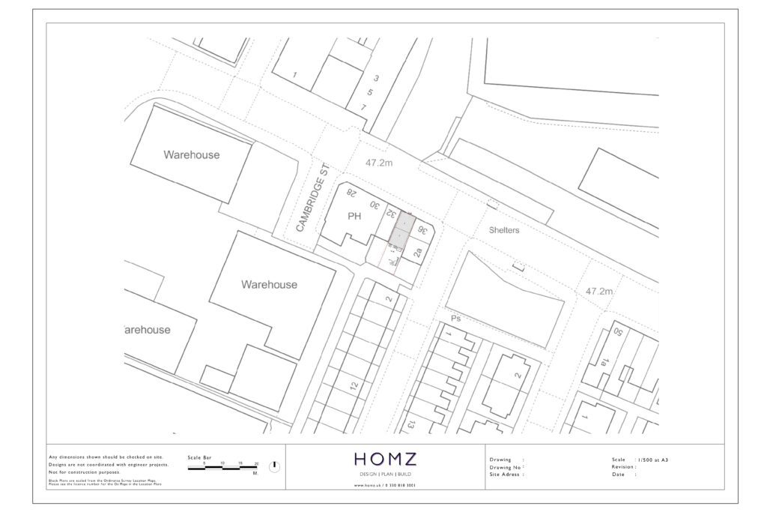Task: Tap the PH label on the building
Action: [355, 217]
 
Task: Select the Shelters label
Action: [503, 230]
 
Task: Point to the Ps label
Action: [454, 319]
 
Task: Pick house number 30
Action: [374, 204]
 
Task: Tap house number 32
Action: [390, 214]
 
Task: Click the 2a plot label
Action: [418, 253]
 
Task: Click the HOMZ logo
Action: [384, 459]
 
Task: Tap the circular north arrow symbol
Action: [274, 466]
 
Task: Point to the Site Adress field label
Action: [506, 475]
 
